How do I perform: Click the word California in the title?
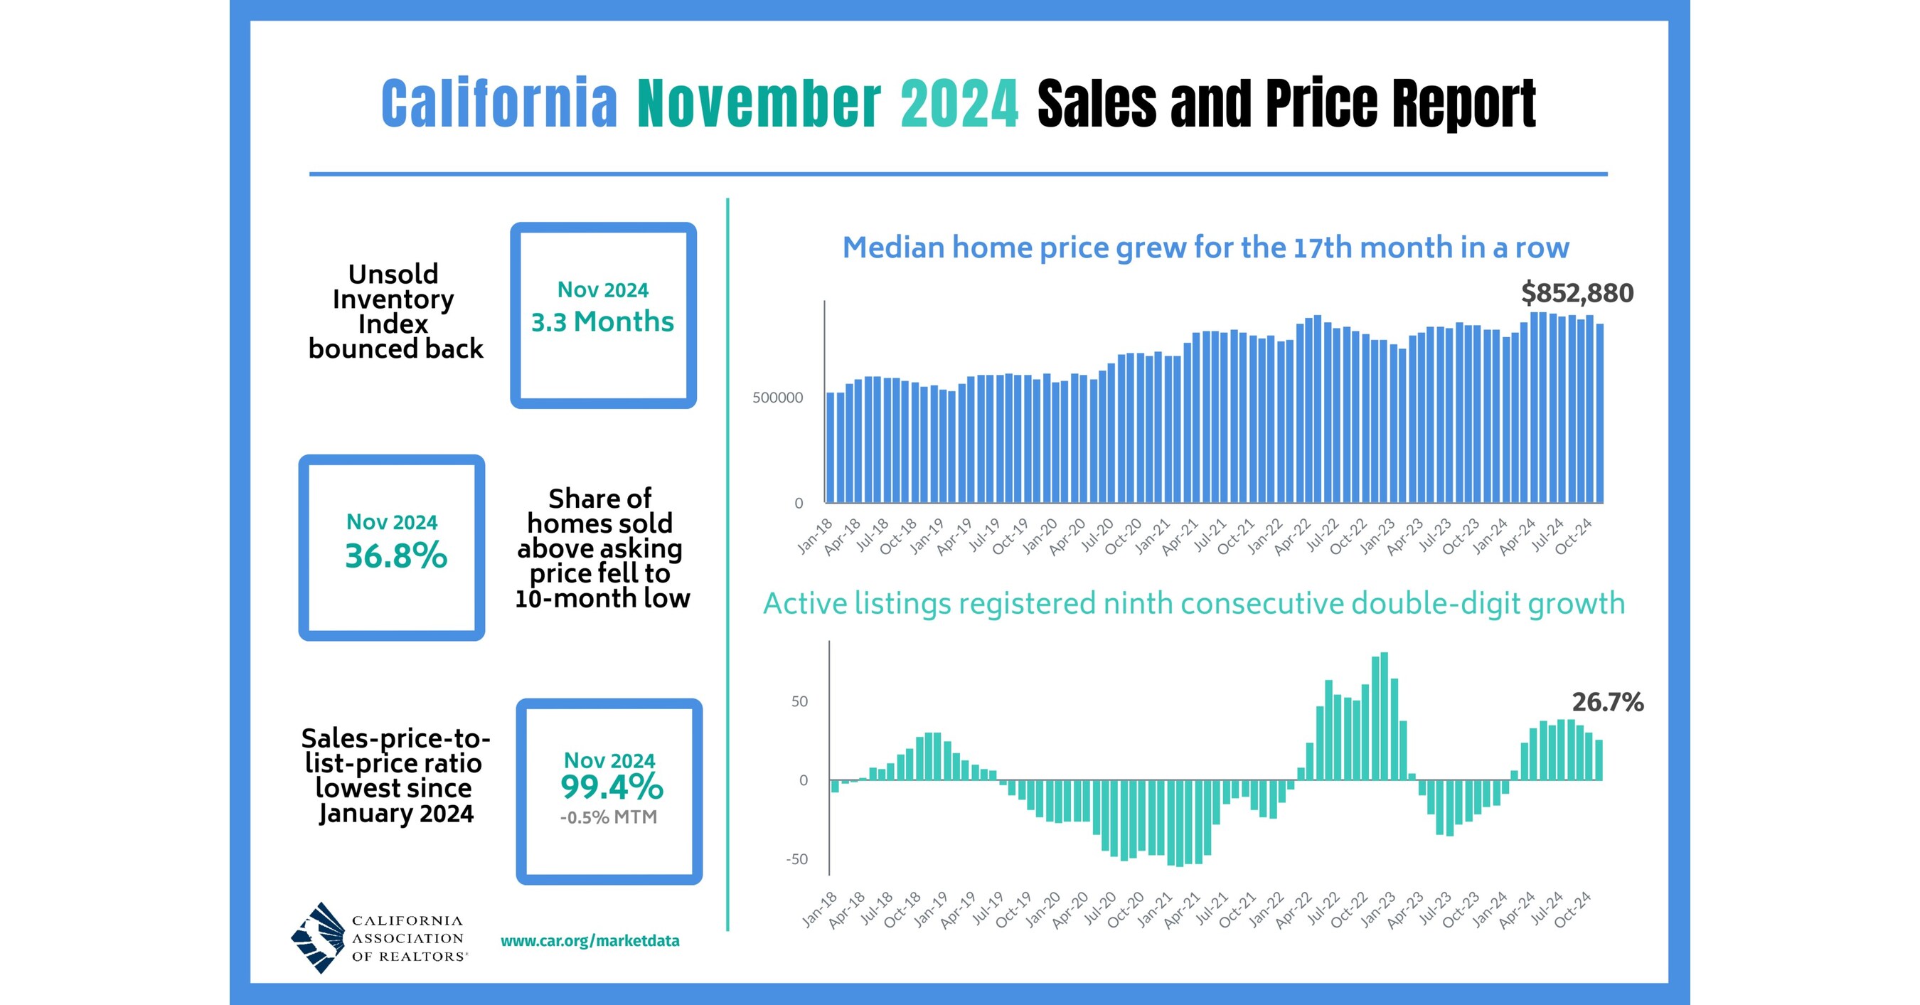[x=498, y=104]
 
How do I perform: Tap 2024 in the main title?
[x=959, y=104]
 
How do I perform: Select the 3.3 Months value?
[x=602, y=321]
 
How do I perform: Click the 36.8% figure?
[x=396, y=556]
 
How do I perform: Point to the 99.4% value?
[x=611, y=787]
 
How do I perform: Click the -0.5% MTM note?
[x=608, y=817]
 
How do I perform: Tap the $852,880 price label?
[x=1577, y=293]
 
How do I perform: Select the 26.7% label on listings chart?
[x=1607, y=701]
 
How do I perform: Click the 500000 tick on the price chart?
[x=777, y=398]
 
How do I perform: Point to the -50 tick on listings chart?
[x=796, y=859]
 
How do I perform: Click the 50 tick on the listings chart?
[x=799, y=701]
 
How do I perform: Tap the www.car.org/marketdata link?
[x=590, y=941]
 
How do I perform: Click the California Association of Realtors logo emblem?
[x=319, y=937]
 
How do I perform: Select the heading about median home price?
[x=1205, y=248]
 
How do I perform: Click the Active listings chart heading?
[x=1193, y=603]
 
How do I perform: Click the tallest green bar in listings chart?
[x=1384, y=716]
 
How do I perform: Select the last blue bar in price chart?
[x=1599, y=413]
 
